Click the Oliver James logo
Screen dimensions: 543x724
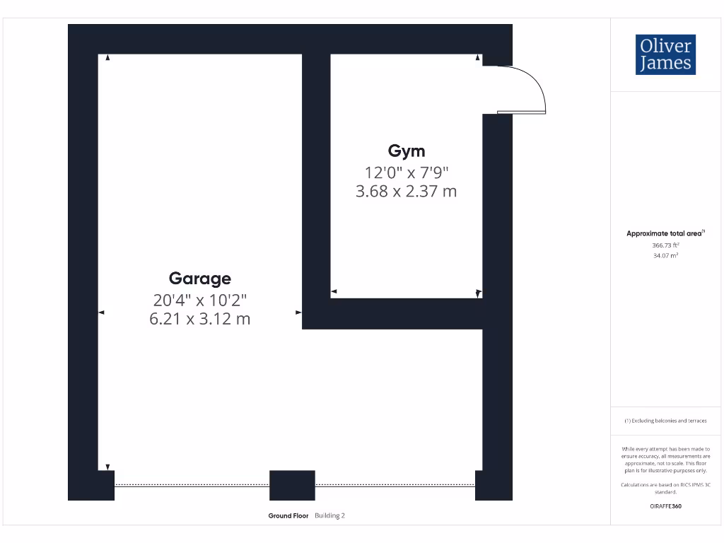665,54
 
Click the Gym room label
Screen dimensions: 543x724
407,151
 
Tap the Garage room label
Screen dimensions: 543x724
199,278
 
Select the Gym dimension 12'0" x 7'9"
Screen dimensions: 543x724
407,172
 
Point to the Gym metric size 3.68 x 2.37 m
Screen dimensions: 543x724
407,191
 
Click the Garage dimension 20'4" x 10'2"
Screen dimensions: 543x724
199,300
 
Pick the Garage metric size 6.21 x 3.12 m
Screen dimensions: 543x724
199,319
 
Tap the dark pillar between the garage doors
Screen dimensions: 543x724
292,485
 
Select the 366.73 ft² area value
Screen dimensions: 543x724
665,245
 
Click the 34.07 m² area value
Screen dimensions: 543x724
665,256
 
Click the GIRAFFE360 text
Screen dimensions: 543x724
665,506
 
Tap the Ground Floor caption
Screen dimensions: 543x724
288,516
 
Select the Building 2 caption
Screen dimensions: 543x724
329,516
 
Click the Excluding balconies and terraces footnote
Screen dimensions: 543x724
665,421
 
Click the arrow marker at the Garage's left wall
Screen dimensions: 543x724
101,312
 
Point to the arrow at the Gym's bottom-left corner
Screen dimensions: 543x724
334,291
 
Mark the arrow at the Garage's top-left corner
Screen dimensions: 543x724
107,58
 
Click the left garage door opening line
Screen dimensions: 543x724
192,485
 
